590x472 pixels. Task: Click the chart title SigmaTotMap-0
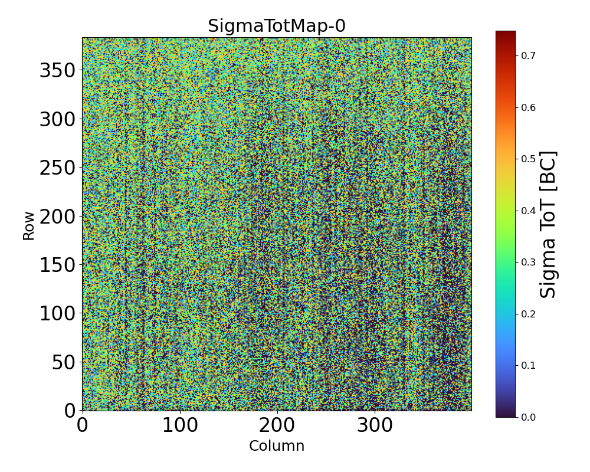tap(277, 27)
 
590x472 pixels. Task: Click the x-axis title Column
tap(277, 446)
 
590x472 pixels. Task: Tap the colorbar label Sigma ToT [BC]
tap(549, 224)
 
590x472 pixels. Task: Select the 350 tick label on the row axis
tap(58, 71)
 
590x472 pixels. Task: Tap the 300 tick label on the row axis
tap(58, 120)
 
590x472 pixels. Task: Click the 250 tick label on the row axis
tap(58, 168)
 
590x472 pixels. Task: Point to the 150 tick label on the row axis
tap(58, 265)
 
